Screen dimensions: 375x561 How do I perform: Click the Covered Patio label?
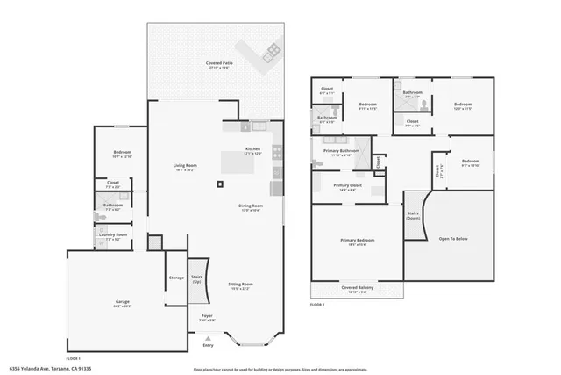pyautogui.click(x=219, y=63)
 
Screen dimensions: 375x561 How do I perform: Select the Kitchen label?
pyautogui.click(x=252, y=149)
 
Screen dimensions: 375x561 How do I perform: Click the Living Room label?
pyautogui.click(x=183, y=167)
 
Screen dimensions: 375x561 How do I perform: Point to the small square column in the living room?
pyautogui.click(x=219, y=184)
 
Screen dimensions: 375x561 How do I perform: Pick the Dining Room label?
pyautogui.click(x=252, y=206)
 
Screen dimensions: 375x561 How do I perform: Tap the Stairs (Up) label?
pyautogui.click(x=196, y=279)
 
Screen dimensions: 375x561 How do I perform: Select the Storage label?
pyautogui.click(x=176, y=278)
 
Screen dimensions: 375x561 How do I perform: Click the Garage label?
pyautogui.click(x=123, y=303)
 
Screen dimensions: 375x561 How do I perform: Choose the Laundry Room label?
pyautogui.click(x=114, y=235)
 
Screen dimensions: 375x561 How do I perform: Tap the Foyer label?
pyautogui.click(x=207, y=316)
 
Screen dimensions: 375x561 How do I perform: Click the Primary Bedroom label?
pyautogui.click(x=357, y=241)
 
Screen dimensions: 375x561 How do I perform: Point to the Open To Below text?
pyautogui.click(x=452, y=239)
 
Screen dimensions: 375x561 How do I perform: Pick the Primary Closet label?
pyautogui.click(x=348, y=185)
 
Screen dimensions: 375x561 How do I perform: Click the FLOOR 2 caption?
pyautogui.click(x=317, y=304)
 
